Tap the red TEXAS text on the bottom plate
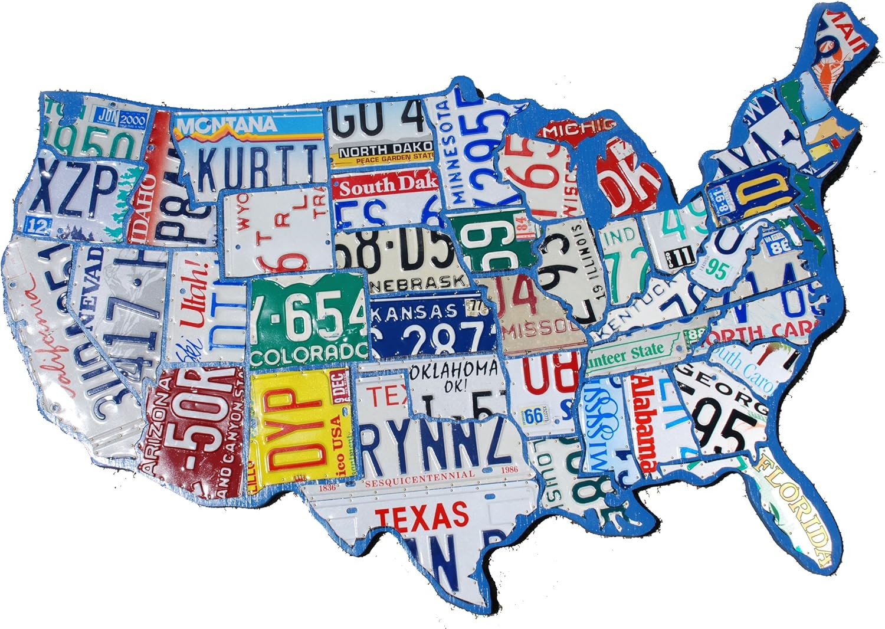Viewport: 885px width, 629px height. [x=422, y=515]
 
